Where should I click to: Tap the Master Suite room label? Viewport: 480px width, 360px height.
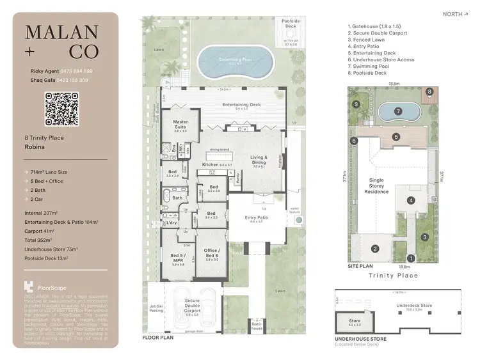(x=180, y=125)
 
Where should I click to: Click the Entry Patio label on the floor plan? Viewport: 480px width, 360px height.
(x=256, y=219)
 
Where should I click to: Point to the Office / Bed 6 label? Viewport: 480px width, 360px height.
(x=212, y=255)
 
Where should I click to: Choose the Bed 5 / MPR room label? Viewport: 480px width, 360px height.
(x=177, y=260)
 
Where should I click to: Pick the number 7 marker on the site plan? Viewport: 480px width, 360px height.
(x=398, y=111)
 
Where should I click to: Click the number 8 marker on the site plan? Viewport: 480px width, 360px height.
(x=429, y=92)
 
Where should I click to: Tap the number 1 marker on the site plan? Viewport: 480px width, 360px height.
(x=412, y=258)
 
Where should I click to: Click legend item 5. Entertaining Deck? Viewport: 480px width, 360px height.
(x=372, y=53)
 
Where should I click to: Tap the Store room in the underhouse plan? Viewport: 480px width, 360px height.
(x=354, y=322)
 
